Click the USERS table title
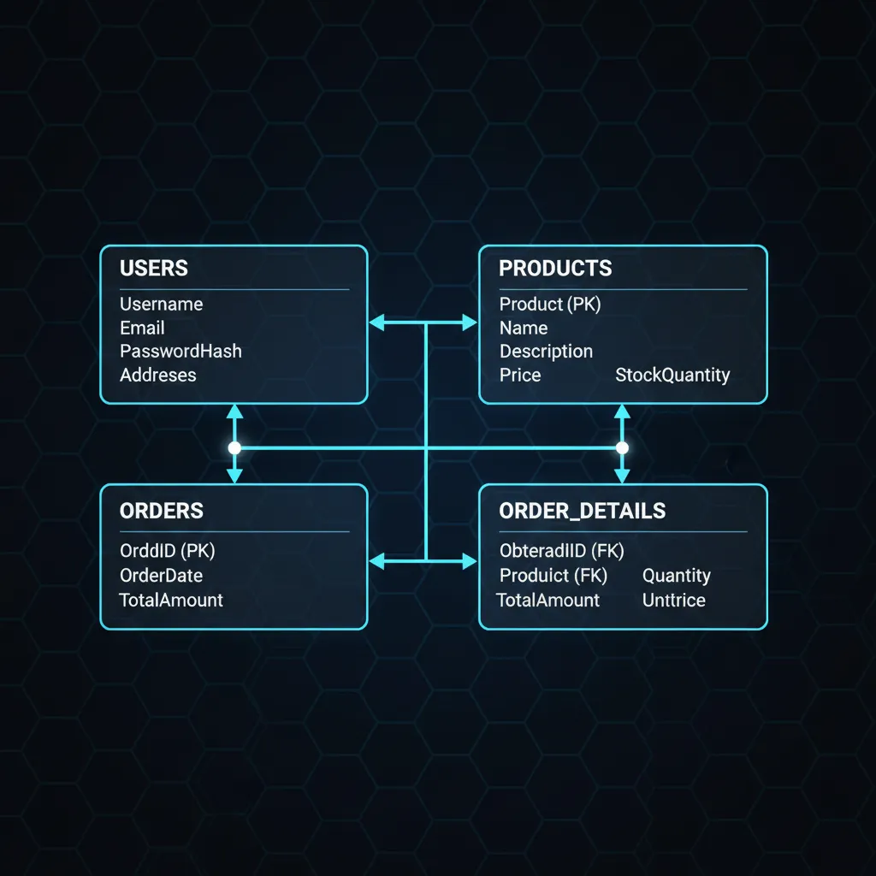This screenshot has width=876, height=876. [x=154, y=268]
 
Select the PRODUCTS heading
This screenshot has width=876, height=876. [x=555, y=268]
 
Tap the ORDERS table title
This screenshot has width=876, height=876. [x=162, y=511]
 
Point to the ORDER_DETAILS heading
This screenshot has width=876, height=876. [x=582, y=511]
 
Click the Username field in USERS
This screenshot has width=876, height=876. [x=162, y=304]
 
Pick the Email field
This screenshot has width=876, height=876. [x=142, y=328]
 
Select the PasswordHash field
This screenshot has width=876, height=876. [x=181, y=352]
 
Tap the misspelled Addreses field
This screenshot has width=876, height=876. [x=158, y=375]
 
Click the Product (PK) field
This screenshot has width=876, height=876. [x=550, y=305]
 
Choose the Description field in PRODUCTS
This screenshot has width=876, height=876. [x=546, y=352]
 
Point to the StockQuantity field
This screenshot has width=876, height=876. [x=672, y=376]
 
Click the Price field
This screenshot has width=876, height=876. [x=520, y=375]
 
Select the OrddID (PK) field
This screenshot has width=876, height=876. [x=167, y=551]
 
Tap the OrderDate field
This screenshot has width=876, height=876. [x=161, y=576]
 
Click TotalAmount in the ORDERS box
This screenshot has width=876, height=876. [x=171, y=600]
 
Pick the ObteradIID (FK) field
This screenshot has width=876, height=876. [x=561, y=551]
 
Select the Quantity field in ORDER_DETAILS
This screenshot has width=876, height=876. [x=677, y=576]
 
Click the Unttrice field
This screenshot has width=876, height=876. [x=674, y=600]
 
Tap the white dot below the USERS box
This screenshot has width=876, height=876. [x=234, y=448]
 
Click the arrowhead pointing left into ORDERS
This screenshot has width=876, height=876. [x=377, y=561]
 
